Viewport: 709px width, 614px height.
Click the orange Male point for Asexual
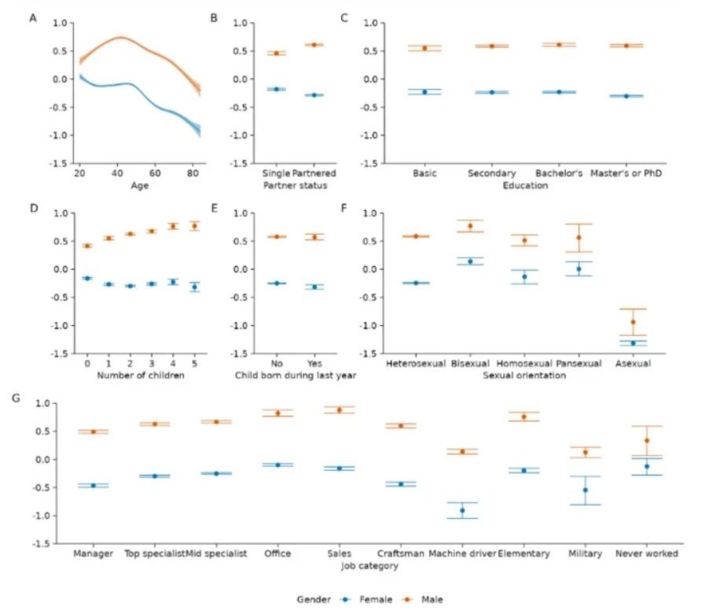pos(633,322)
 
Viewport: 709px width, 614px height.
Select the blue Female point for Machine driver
pos(462,510)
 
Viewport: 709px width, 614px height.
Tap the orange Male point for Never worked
pos(647,441)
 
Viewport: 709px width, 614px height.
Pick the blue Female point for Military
pos(585,490)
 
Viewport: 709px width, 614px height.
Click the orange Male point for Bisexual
pos(470,226)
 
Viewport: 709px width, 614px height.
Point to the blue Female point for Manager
pos(94,486)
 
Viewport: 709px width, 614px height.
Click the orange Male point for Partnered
pos(314,45)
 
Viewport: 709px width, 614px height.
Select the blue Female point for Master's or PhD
pos(626,96)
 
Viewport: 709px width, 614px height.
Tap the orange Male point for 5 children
pos(194,226)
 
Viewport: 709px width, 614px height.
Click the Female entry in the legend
pos(369,600)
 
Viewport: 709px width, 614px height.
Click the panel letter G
pos(16,398)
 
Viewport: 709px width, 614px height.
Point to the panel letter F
pos(343,208)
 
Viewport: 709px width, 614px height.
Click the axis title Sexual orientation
pos(524,375)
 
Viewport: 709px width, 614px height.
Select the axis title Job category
pos(369,565)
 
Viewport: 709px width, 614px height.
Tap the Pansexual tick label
pos(579,364)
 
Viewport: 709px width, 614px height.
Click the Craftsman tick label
pos(401,553)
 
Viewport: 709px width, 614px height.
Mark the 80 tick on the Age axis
pos(193,173)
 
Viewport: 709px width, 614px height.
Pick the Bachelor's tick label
pos(559,173)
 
